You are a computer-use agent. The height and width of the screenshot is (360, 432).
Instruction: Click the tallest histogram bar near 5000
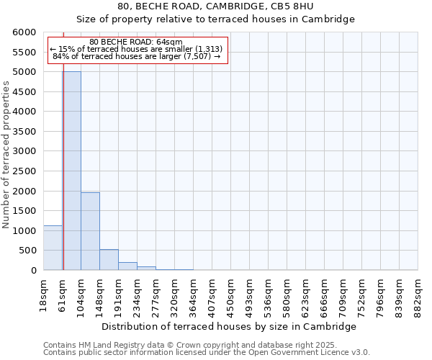point(71,171)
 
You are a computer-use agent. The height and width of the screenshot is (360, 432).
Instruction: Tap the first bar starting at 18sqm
point(53,248)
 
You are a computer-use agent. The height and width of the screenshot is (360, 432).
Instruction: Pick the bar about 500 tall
point(109,260)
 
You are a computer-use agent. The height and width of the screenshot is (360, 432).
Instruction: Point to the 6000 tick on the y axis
point(24,32)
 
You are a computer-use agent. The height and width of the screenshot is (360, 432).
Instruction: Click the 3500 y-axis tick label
point(24,132)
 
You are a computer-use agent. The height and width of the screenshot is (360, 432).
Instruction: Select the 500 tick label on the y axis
point(27,251)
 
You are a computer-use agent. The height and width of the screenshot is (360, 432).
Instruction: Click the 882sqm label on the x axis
point(418,293)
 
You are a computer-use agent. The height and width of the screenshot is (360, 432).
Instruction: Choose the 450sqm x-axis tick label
point(231,293)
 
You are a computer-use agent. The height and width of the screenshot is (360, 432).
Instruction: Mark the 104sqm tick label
point(81,293)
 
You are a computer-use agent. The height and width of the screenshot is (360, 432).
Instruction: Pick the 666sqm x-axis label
point(325,293)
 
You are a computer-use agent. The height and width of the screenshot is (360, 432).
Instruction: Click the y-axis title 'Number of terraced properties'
point(6,155)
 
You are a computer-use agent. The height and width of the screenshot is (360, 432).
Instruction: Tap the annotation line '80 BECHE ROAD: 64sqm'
point(137,42)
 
